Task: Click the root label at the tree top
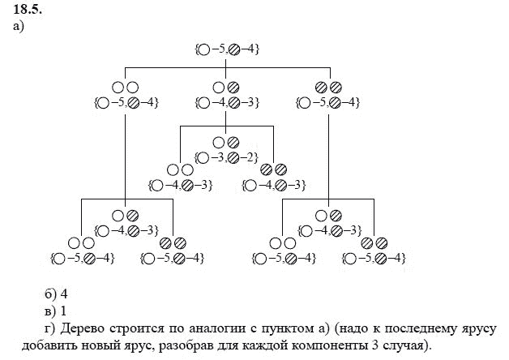(x=227, y=49)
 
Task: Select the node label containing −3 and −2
(x=226, y=156)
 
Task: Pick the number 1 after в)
(x=62, y=310)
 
